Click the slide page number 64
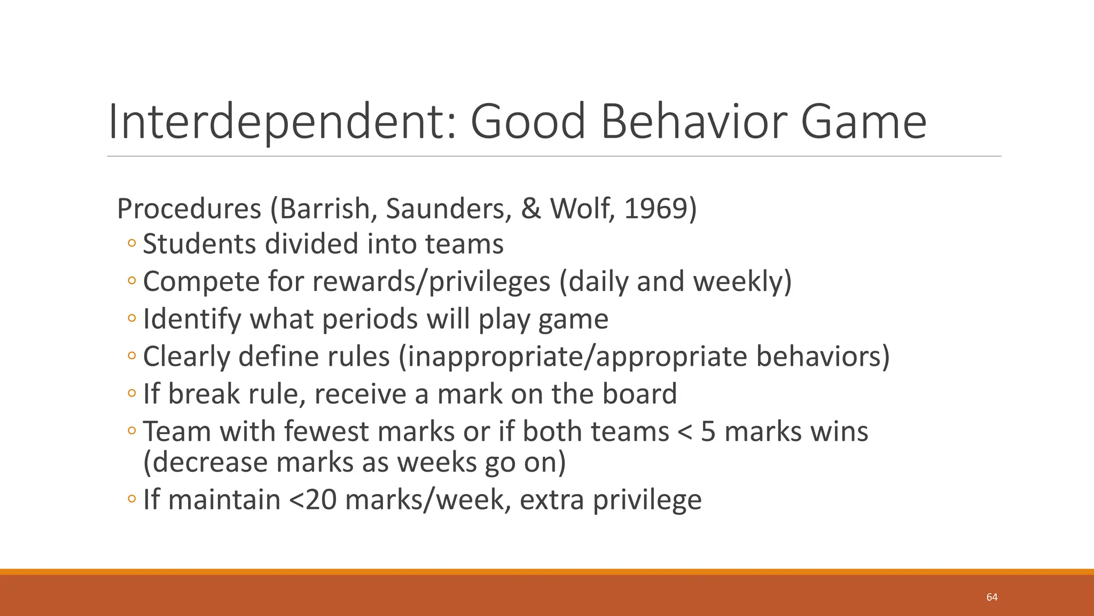pyautogui.click(x=992, y=597)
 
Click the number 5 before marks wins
pyautogui.click(x=708, y=432)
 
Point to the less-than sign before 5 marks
pyautogui.click(x=684, y=433)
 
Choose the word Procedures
pyautogui.click(x=189, y=209)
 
